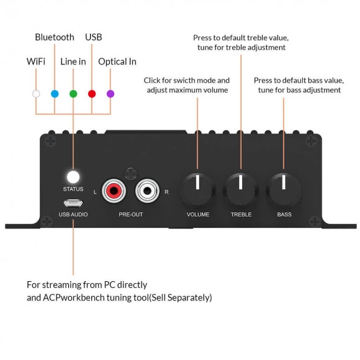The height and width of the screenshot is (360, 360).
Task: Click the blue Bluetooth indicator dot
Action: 55,94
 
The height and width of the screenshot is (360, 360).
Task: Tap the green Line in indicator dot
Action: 73,94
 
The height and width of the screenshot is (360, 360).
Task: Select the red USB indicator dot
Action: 92,94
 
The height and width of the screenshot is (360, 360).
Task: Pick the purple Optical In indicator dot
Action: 110,94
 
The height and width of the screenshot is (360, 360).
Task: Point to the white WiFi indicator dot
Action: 36,94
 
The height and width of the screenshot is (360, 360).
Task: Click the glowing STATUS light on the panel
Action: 73,177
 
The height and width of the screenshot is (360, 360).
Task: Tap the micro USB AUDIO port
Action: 73,203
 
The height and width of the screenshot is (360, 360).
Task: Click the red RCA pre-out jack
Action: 114,191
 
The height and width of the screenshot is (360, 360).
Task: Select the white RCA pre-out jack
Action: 147,191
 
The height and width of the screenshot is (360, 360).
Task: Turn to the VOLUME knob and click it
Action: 197,190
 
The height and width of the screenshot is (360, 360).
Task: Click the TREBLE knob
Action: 241,190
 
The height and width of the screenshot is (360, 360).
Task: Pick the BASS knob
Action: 284,190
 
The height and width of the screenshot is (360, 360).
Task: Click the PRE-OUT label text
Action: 130,214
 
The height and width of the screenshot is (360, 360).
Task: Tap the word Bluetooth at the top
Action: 55,37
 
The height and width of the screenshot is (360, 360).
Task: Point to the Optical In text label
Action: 117,62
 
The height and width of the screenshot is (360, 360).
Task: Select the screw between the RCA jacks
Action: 130,174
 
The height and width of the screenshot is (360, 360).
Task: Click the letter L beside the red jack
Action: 95,192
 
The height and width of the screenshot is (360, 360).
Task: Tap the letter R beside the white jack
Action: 167,192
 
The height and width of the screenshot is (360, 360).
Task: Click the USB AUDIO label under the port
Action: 73,214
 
